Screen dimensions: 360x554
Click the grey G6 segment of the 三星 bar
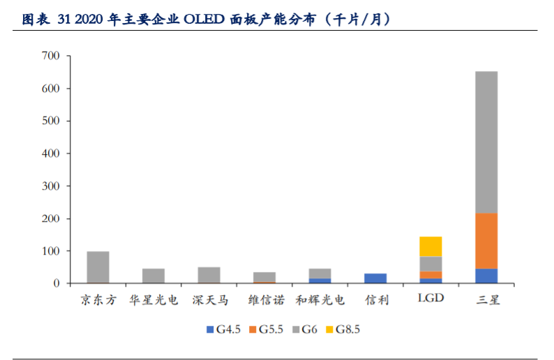click(486, 142)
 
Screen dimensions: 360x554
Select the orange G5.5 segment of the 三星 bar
click(486, 241)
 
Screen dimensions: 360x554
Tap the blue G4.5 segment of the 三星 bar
click(486, 276)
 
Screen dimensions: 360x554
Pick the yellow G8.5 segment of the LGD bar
click(431, 246)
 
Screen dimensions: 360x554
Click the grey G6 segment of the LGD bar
click(431, 264)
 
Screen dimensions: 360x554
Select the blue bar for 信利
click(375, 278)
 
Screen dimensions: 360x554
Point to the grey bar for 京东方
click(98, 267)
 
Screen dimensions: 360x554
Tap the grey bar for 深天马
click(209, 275)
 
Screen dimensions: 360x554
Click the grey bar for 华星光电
click(154, 276)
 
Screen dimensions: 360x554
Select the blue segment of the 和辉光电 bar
click(320, 280)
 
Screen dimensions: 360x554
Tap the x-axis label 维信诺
click(264, 301)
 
